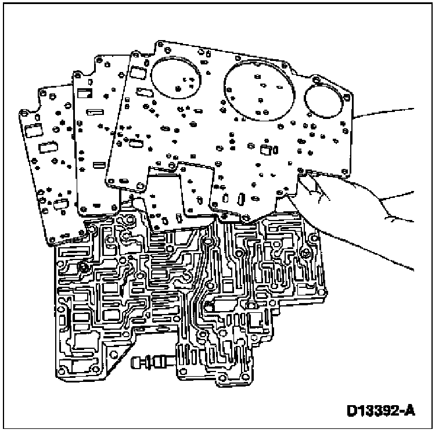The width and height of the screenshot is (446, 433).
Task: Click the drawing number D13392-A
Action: [x=380, y=410]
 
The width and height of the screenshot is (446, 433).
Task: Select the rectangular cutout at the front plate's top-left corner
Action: [x=138, y=73]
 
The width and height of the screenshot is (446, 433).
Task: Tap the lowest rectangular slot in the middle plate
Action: [x=99, y=166]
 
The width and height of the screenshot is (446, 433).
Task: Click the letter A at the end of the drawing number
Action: [x=411, y=410]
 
